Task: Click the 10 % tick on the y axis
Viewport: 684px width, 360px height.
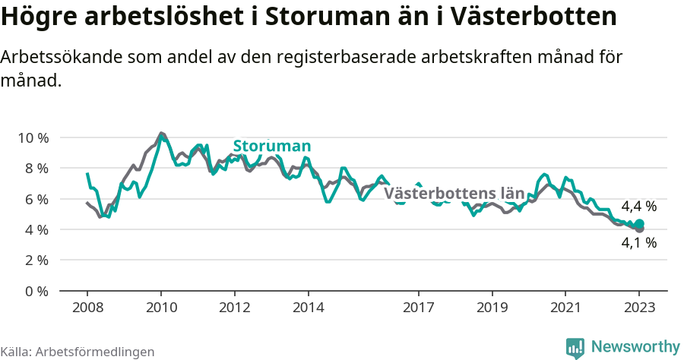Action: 32,137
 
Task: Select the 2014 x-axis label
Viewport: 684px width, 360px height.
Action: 308,308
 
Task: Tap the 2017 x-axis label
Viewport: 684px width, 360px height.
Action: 418,308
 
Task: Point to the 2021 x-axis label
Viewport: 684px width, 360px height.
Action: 565,308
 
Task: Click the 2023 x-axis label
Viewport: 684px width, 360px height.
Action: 639,308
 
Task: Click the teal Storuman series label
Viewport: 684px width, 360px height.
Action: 271,147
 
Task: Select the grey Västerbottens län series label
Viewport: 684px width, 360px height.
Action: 454,193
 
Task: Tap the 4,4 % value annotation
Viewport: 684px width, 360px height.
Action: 638,206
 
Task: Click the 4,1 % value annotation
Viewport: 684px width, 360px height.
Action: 638,243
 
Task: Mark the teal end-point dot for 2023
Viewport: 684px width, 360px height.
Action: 640,223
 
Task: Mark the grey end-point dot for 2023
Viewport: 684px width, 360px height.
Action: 640,229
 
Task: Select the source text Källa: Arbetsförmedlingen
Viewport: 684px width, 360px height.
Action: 78,352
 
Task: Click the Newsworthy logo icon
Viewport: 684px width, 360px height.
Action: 575,348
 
